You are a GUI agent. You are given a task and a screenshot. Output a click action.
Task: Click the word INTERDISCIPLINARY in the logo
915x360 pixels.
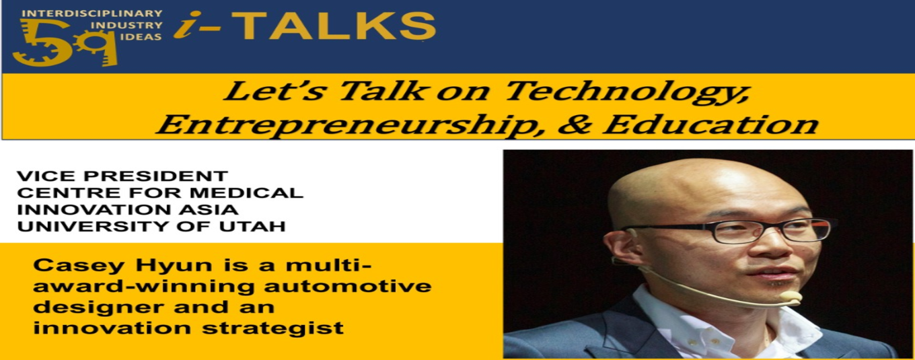pyautogui.click(x=92, y=13)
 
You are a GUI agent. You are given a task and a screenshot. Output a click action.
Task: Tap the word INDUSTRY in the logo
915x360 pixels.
pyautogui.click(x=126, y=26)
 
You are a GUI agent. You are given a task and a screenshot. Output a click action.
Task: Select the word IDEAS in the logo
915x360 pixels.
pyautogui.click(x=143, y=37)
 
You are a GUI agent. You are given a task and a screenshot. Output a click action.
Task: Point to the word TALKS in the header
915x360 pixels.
pyautogui.click(x=334, y=26)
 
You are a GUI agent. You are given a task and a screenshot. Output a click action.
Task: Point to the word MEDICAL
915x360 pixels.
pyautogui.click(x=246, y=193)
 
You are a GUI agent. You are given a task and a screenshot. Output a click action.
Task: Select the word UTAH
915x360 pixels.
pyautogui.click(x=252, y=226)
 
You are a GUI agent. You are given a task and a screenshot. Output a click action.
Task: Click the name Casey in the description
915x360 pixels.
pyautogui.click(x=79, y=266)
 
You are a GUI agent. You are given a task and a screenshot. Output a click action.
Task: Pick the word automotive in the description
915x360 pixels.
pyautogui.click(x=348, y=285)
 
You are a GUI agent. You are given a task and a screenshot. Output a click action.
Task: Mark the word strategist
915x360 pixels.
pyautogui.click(x=273, y=328)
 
